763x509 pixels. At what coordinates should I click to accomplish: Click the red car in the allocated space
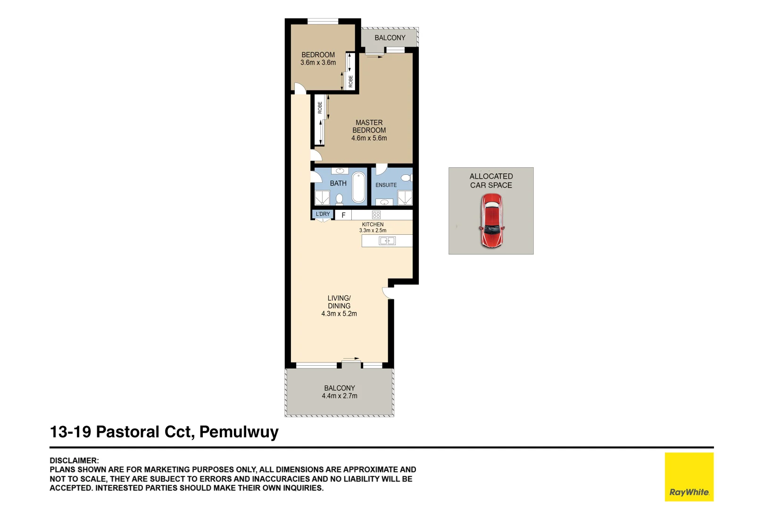tap(491, 221)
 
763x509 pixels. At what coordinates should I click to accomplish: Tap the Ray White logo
tap(689, 476)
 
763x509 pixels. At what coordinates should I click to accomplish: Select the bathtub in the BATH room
tap(358, 187)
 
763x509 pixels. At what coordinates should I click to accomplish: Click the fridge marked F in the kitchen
tap(343, 215)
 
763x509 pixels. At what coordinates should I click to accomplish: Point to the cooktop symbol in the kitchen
tap(376, 215)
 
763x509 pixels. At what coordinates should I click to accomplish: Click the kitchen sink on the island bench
tap(387, 241)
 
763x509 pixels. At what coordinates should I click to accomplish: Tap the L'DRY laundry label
tap(323, 214)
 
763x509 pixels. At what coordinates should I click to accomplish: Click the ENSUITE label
tap(386, 185)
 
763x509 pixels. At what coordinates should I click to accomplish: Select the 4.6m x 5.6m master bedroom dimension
tap(369, 138)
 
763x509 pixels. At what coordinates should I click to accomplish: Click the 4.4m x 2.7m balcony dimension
tap(339, 396)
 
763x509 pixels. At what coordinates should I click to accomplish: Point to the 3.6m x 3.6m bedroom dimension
tap(318, 63)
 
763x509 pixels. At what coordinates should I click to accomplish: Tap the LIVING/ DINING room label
tap(339, 302)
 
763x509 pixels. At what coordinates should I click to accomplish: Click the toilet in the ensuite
tap(406, 178)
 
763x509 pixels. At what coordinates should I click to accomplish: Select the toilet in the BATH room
tap(339, 199)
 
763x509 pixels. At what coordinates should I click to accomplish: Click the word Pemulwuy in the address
tap(239, 432)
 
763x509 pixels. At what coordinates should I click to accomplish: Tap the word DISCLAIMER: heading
tap(74, 460)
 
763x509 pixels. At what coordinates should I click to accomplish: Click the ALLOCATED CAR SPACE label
tap(491, 181)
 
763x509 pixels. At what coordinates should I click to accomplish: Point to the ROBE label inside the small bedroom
tap(350, 82)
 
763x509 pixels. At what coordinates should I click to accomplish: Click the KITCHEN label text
tap(373, 224)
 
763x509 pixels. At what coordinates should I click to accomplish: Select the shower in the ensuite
tap(405, 198)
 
